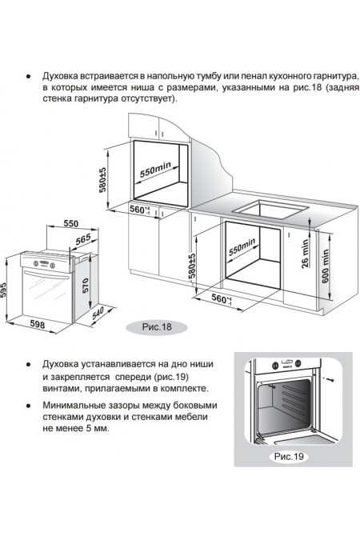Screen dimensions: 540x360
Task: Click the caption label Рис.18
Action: pyautogui.click(x=150, y=326)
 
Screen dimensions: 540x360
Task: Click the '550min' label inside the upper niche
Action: pyautogui.click(x=158, y=171)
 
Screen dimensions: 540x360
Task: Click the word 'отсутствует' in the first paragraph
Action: pyautogui.click(x=142, y=102)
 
